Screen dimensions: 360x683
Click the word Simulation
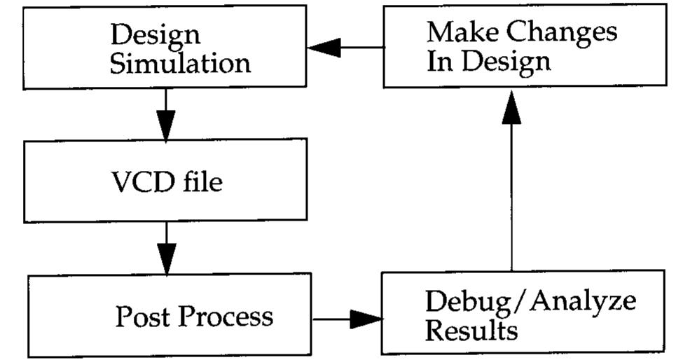180,64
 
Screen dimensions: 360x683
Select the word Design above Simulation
156,34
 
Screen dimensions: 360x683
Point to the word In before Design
438,62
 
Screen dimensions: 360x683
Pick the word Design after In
505,64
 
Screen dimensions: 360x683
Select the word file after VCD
202,182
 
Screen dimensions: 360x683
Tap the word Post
143,317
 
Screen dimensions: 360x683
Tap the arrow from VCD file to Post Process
166,249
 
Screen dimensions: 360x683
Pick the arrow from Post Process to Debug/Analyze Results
348,319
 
